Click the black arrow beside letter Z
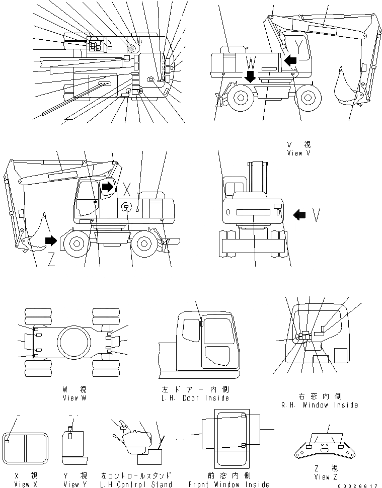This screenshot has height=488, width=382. [51, 240]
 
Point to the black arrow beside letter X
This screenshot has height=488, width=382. [108, 187]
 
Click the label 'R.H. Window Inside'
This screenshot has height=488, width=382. [320, 405]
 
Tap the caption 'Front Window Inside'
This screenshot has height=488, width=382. [229, 484]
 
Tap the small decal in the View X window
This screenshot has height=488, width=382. [7, 441]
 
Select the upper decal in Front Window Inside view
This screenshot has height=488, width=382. [244, 416]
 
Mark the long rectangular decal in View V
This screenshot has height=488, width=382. [253, 213]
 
